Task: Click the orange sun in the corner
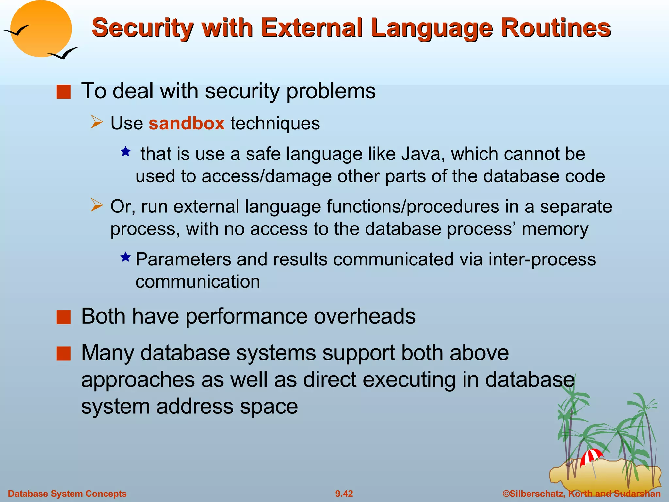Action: click(x=41, y=29)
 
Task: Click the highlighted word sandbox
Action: click(x=187, y=124)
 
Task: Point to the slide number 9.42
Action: click(x=344, y=494)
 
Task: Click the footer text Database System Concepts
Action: click(x=67, y=494)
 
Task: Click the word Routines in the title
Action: click(x=556, y=28)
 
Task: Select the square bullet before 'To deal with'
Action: click(x=63, y=92)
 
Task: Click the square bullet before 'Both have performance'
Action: click(x=63, y=317)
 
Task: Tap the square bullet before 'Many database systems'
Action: click(x=63, y=353)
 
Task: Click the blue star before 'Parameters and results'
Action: click(x=126, y=257)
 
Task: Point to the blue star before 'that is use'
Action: click(x=126, y=152)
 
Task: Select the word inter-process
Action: click(x=542, y=259)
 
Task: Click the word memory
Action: click(x=555, y=229)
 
